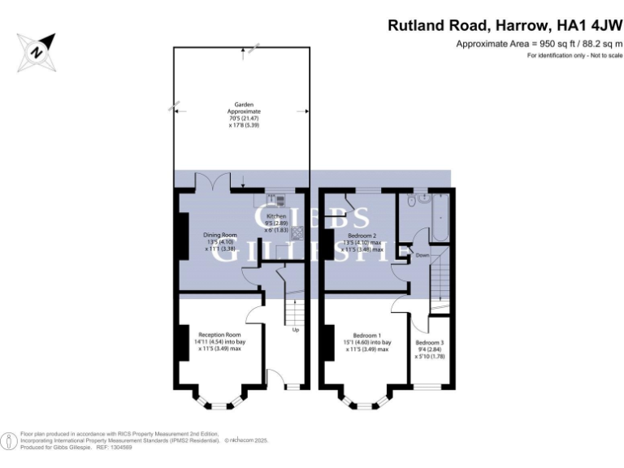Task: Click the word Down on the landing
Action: [422, 254]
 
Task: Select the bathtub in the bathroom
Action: [441, 216]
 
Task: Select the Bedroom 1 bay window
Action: [363, 397]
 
